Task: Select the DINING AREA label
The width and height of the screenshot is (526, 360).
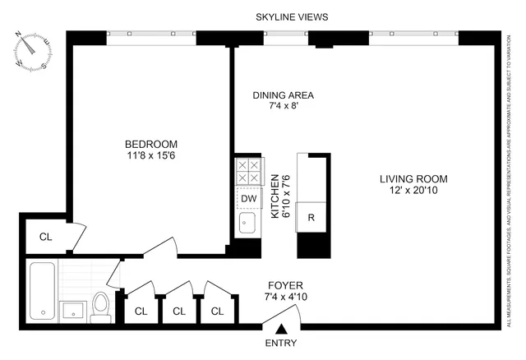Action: point(283,95)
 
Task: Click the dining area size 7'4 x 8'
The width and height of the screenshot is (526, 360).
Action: point(283,107)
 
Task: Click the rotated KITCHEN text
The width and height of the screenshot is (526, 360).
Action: point(275,196)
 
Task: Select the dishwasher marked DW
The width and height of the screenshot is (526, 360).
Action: point(248,198)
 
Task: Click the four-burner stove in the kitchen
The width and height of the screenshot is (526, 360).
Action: point(248,172)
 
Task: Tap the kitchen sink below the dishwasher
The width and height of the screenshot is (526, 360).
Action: point(248,223)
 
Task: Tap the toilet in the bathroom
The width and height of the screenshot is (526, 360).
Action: point(101,304)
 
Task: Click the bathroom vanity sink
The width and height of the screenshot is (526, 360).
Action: point(74,310)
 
